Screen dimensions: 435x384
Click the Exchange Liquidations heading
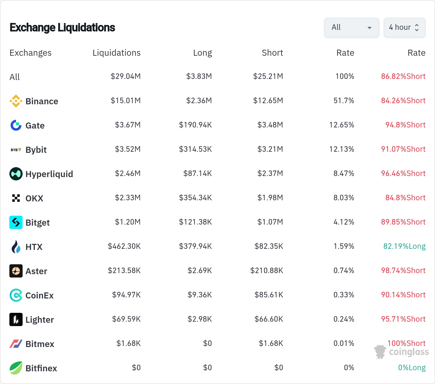pyautogui.click(x=62, y=28)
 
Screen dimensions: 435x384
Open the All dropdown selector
pyautogui.click(x=351, y=28)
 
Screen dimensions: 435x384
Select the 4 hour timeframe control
pyautogui.click(x=404, y=28)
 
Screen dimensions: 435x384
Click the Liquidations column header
pyautogui.click(x=117, y=53)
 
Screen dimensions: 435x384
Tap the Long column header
pyautogui.click(x=203, y=53)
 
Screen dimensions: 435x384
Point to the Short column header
pyautogui.click(x=272, y=53)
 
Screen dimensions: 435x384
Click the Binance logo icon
pyautogui.click(x=16, y=101)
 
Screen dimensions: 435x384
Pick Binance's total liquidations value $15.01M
pyautogui.click(x=126, y=100)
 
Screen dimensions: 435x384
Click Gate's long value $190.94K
pyautogui.click(x=195, y=125)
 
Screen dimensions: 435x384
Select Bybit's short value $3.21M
pyautogui.click(x=270, y=149)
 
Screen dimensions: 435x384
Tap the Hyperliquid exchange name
pyautogui.click(x=49, y=174)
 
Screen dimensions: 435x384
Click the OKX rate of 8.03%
pyautogui.click(x=344, y=198)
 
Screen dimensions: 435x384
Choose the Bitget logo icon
pyautogui.click(x=16, y=222)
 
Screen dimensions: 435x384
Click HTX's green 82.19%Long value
pyautogui.click(x=404, y=246)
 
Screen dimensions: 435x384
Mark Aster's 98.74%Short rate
pyautogui.click(x=403, y=270)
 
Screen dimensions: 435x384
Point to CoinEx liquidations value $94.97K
pyautogui.click(x=126, y=295)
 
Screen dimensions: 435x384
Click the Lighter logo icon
pyautogui.click(x=16, y=319)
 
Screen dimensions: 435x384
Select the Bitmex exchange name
pyautogui.click(x=40, y=344)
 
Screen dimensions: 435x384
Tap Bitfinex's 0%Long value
pyautogui.click(x=412, y=367)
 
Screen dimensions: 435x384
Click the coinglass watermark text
pyautogui.click(x=409, y=352)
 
